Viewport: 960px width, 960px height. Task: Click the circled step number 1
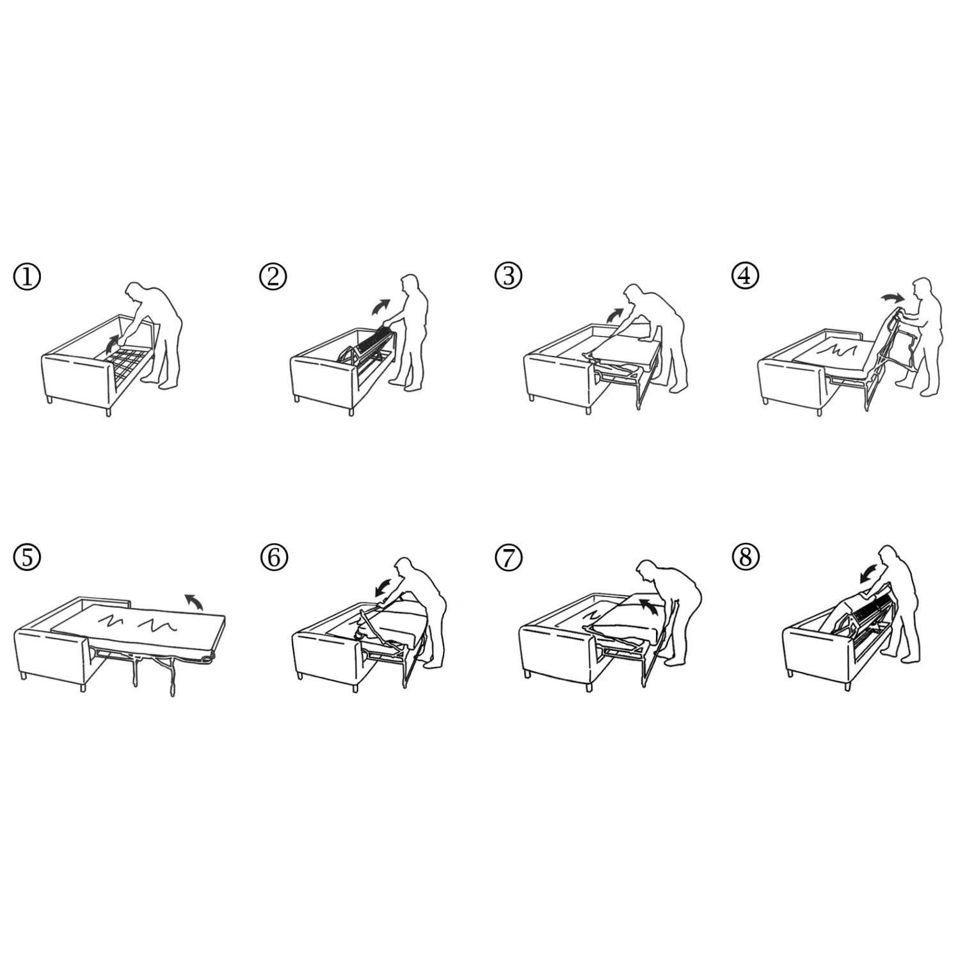pos(27,277)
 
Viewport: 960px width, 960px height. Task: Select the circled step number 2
pos(273,277)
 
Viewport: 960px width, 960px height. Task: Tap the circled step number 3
pos(509,276)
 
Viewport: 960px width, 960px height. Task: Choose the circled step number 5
pos(27,557)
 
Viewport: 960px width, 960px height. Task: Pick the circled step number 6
pos(274,557)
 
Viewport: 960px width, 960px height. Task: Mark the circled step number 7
pos(509,557)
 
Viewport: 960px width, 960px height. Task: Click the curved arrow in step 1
pos(111,343)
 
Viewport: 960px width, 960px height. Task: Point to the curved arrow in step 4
pos(890,296)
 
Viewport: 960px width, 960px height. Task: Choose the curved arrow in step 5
pos(194,601)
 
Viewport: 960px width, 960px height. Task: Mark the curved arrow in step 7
pos(650,606)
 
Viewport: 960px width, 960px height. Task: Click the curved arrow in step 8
pos(870,575)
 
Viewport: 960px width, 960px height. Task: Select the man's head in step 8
pos(888,556)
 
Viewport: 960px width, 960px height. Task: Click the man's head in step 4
pos(922,288)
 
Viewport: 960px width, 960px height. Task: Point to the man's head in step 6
pos(404,568)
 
